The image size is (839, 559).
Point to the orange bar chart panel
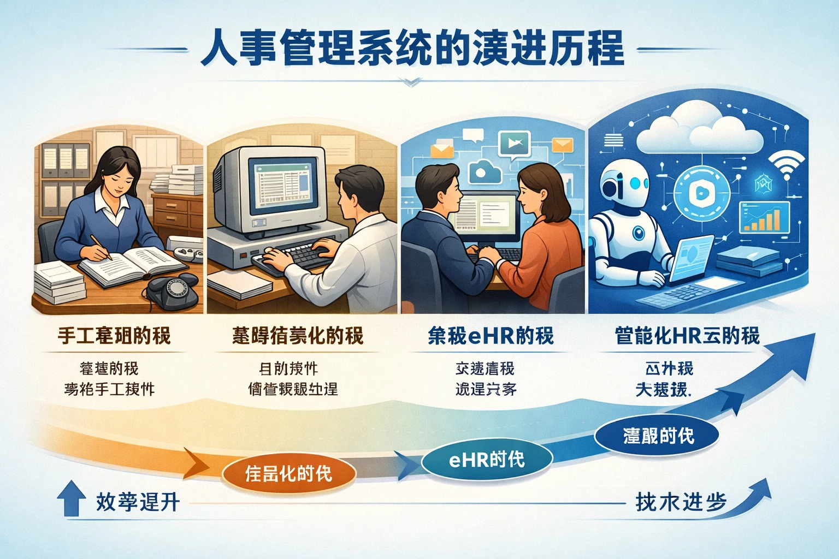764,217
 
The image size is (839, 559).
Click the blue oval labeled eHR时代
487,460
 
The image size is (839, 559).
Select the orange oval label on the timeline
289,473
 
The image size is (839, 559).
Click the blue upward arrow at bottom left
71,498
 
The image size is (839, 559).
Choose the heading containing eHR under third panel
491,336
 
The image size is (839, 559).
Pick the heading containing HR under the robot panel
687,336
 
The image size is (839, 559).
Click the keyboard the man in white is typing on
295,258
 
